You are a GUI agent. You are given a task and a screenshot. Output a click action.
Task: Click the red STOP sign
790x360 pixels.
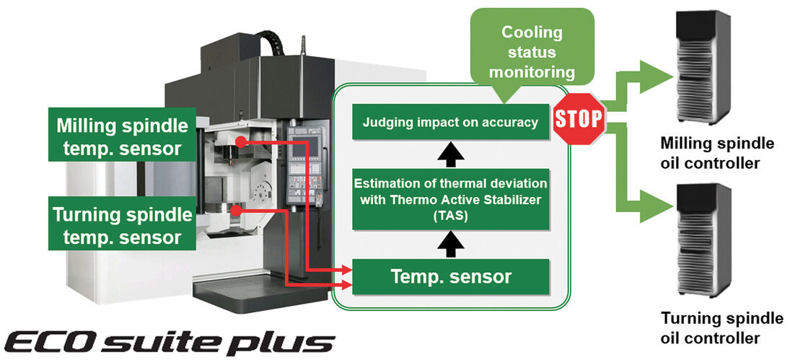[578, 119]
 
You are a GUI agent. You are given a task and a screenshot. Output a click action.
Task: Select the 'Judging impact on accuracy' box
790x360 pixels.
[450, 123]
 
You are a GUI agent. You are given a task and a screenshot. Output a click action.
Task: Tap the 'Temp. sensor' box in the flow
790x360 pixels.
[450, 276]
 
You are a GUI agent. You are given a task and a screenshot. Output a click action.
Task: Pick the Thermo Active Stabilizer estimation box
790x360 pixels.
[450, 199]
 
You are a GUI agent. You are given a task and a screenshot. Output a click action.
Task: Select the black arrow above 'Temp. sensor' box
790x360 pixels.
[450, 245]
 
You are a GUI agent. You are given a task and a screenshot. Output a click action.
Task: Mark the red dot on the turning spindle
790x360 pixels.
[236, 211]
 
